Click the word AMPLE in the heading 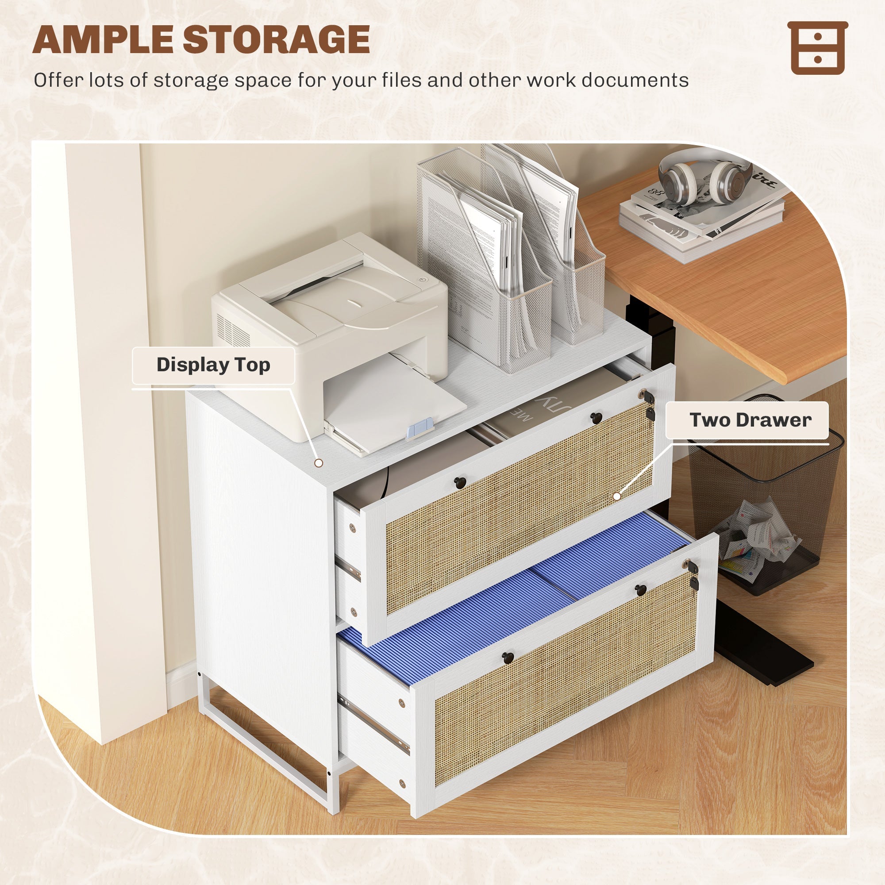pyautogui.click(x=104, y=40)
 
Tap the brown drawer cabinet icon pyautogui.click(x=818, y=48)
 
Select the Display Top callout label pyautogui.click(x=213, y=365)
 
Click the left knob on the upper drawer pyautogui.click(x=459, y=482)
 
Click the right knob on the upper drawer pyautogui.click(x=596, y=417)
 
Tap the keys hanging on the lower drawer pyautogui.click(x=693, y=575)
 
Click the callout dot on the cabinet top pyautogui.click(x=319, y=463)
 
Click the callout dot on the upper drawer pyautogui.click(x=616, y=496)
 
